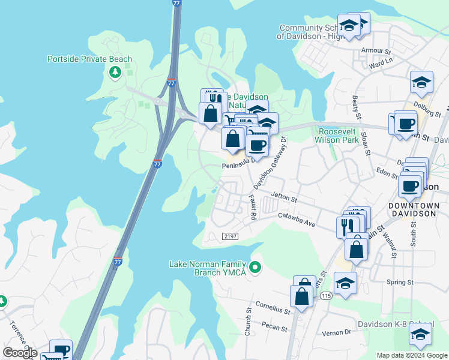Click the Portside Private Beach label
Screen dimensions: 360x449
coord(90,59)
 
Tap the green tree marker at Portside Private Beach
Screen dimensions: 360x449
coord(115,73)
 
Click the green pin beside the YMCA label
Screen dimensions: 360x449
coord(256,267)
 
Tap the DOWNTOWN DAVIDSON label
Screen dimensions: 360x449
coord(414,209)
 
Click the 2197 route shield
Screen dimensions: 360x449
coord(230,236)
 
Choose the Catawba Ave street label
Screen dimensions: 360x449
coord(297,220)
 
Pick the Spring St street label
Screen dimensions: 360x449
coord(400,282)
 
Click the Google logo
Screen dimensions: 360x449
coord(20,353)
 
